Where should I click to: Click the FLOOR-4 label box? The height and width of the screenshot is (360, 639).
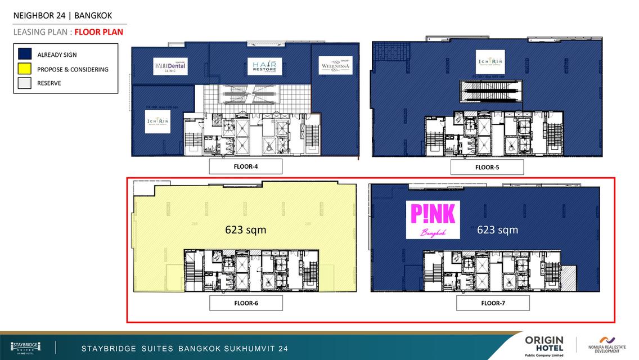(245, 166)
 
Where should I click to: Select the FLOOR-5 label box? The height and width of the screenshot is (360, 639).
(487, 167)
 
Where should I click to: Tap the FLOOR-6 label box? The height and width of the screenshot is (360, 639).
(246, 303)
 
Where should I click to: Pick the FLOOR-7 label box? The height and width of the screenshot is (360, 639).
(493, 303)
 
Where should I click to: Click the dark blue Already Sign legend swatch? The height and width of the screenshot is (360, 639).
(25, 55)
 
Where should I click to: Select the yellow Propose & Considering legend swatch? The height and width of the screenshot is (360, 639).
(25, 69)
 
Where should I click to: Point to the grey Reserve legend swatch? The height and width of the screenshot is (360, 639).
(25, 83)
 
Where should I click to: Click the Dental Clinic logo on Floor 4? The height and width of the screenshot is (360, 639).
(170, 67)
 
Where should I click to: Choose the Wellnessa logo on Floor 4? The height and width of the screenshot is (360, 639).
(335, 66)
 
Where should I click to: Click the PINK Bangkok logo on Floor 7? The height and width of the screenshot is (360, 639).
(433, 219)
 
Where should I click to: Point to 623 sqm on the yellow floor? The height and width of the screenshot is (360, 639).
(245, 229)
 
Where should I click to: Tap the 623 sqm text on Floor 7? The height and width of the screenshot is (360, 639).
(497, 229)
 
